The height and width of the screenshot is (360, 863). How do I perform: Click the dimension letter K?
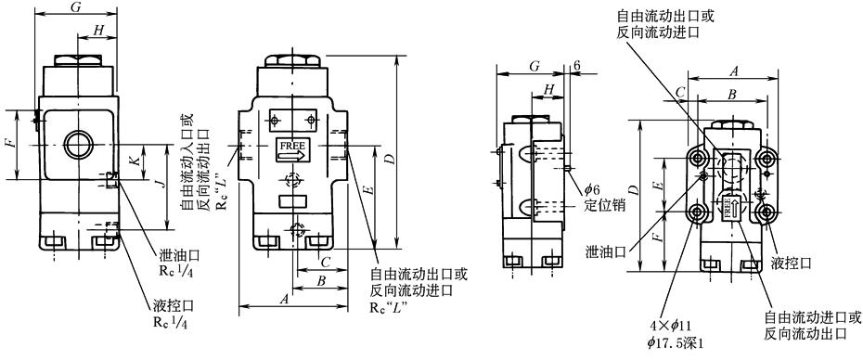[134, 161]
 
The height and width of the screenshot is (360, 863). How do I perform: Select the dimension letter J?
[162, 185]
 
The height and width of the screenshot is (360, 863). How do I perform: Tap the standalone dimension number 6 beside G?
[577, 65]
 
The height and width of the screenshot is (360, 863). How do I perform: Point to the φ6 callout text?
[592, 190]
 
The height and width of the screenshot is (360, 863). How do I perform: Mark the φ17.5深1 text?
[676, 342]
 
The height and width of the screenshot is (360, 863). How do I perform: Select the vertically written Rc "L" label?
[221, 183]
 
